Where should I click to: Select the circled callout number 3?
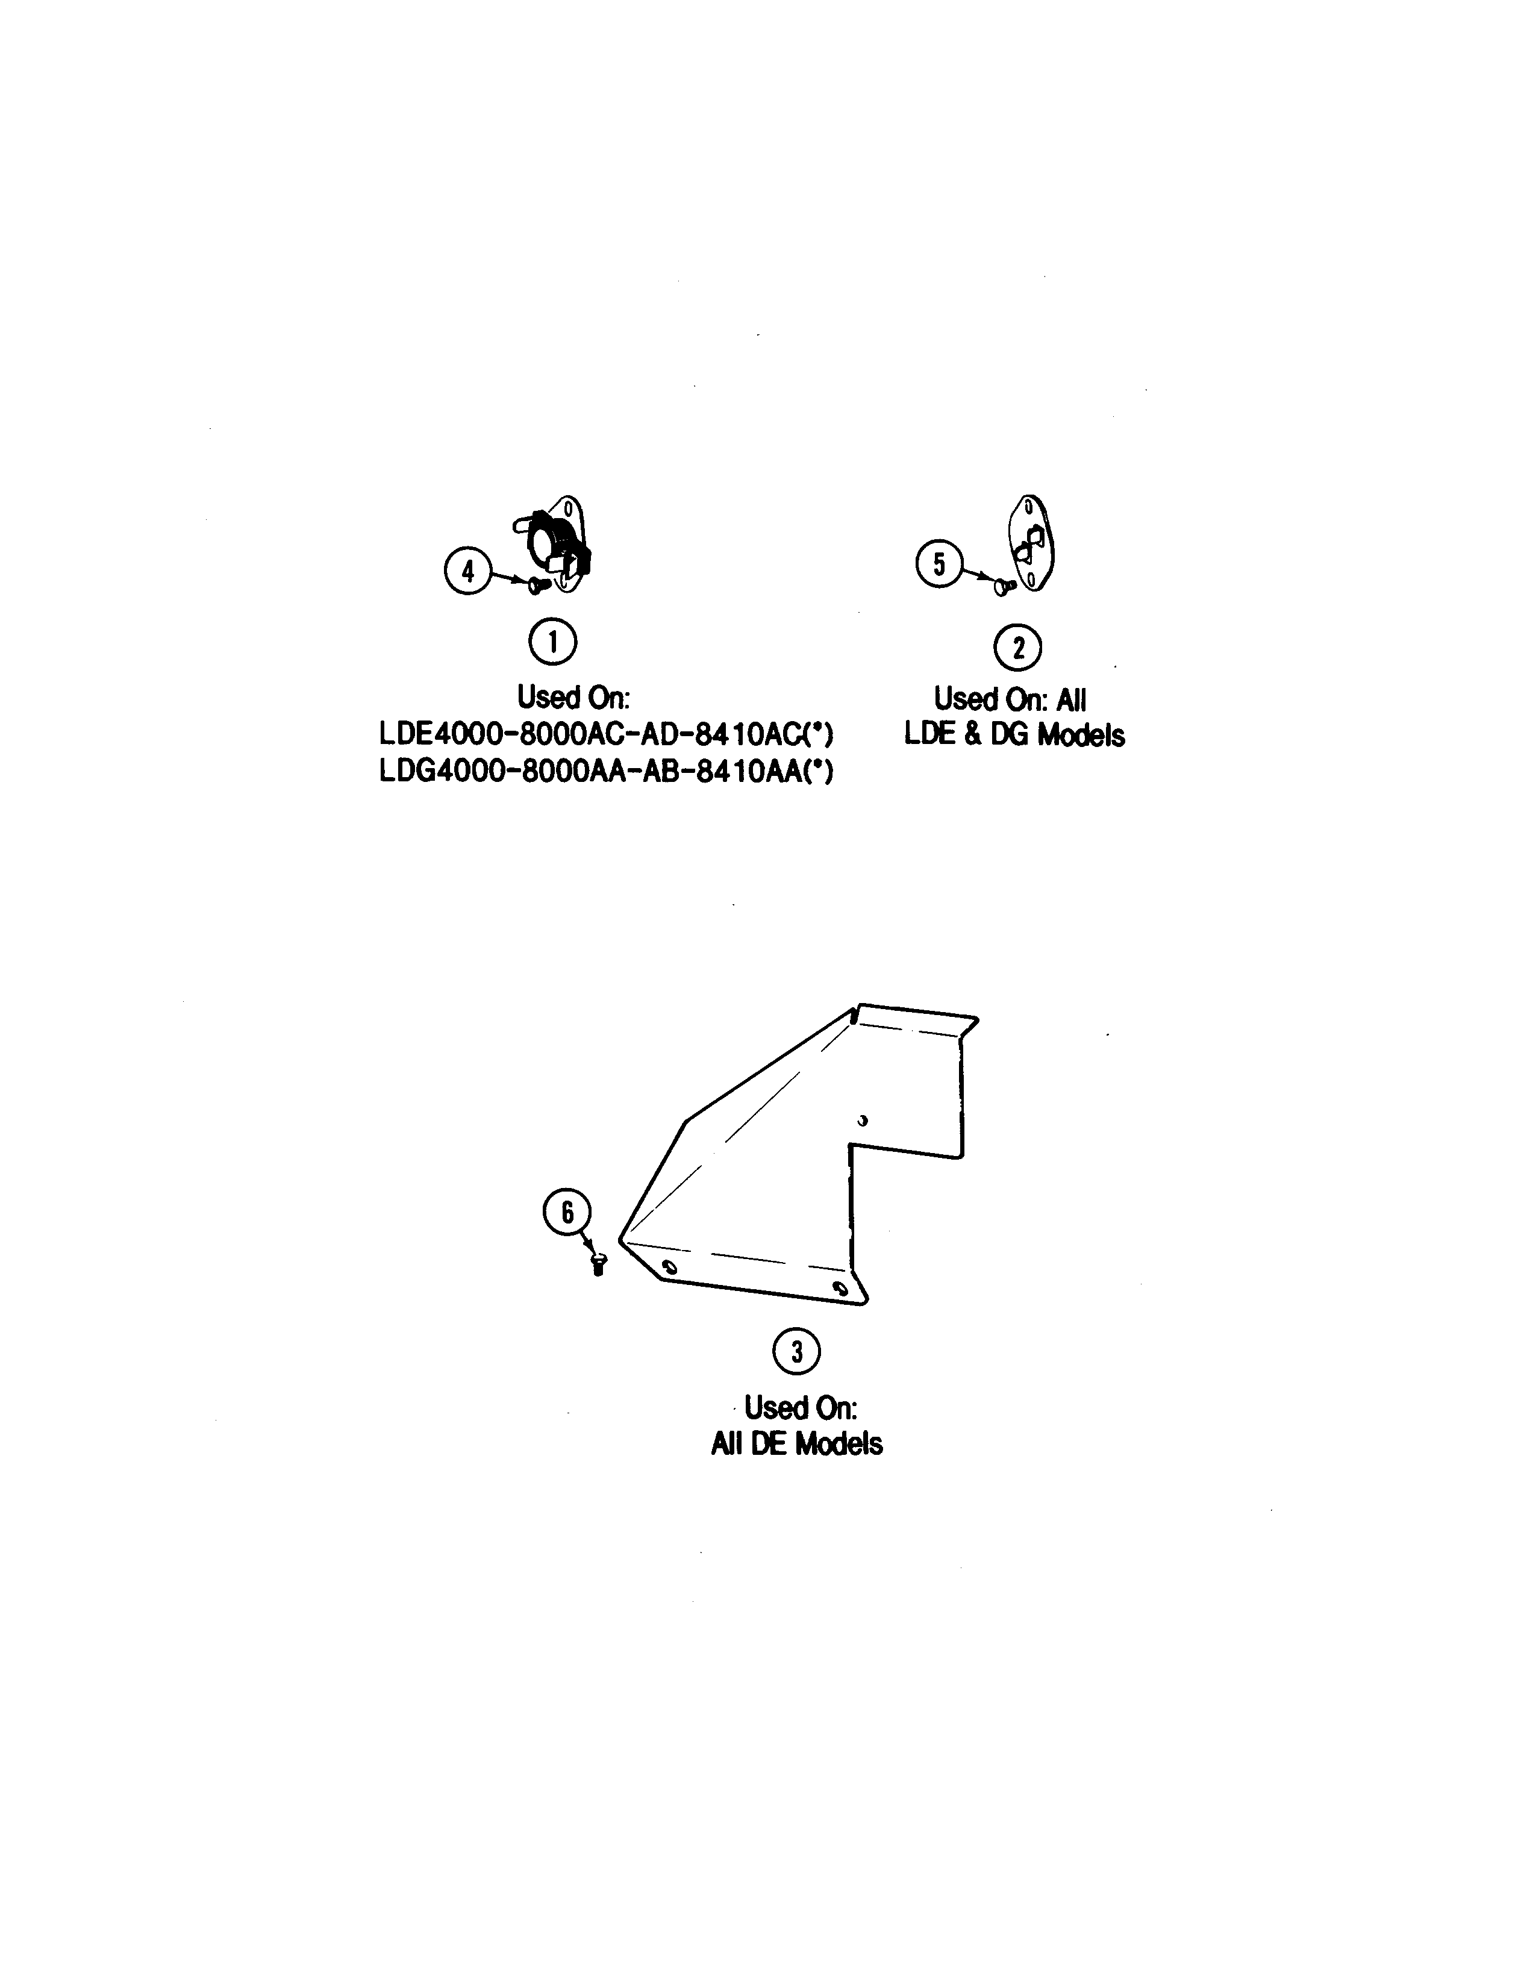(x=796, y=1352)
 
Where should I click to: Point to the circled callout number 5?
(x=940, y=565)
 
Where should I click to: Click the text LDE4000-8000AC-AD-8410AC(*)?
(x=606, y=735)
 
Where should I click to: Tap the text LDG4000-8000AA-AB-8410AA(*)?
(x=606, y=772)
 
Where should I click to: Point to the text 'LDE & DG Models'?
(x=1014, y=735)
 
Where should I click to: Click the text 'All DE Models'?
(x=796, y=1443)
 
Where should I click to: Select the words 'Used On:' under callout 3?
(x=801, y=1407)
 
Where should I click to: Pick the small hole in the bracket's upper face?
(x=863, y=1121)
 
